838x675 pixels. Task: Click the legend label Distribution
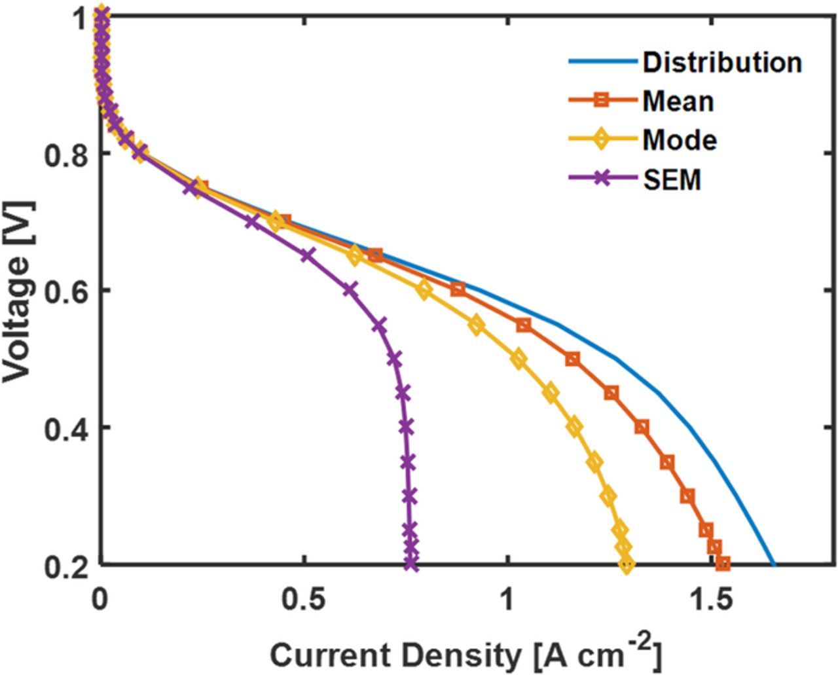click(721, 62)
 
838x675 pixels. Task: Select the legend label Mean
click(678, 101)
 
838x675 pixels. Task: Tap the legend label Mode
click(680, 139)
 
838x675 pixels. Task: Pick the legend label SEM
click(672, 179)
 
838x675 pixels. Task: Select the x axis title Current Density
click(465, 655)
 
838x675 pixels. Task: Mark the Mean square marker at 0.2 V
click(723, 563)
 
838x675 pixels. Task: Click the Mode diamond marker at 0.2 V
click(627, 563)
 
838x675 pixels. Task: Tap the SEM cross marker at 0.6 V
click(351, 289)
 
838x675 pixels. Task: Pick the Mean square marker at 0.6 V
click(458, 289)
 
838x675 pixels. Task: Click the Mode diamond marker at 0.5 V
click(518, 359)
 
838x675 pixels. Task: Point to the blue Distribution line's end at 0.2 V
click(773, 564)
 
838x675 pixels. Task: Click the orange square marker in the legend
click(602, 101)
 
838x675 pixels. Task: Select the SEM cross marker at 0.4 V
click(406, 427)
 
